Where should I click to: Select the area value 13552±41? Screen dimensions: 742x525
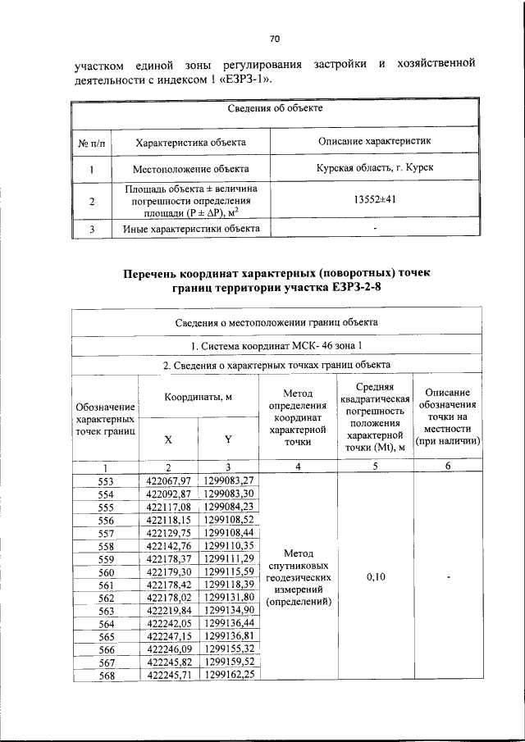[x=374, y=199]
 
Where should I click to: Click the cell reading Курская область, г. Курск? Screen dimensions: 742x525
[x=374, y=168]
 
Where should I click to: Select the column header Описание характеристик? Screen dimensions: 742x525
[x=374, y=141]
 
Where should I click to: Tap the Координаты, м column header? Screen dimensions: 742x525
[x=198, y=397]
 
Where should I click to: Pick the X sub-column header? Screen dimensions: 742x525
[x=168, y=439]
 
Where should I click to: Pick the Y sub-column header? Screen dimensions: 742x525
[x=228, y=439]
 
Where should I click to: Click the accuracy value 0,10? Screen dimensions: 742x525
[x=373, y=577]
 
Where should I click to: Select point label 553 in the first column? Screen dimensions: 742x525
[x=106, y=480]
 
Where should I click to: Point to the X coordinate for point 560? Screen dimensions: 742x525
[x=168, y=571]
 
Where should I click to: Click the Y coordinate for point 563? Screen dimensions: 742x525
[x=228, y=611]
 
